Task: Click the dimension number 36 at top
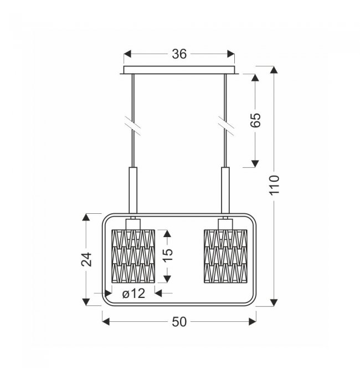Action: coord(179,54)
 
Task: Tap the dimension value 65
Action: coord(255,120)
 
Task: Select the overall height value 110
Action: coord(274,186)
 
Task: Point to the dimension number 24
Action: coord(86,259)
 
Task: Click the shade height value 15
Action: coord(168,255)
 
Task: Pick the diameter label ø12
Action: coord(133,294)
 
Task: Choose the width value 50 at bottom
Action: coord(179,322)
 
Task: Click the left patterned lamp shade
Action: coord(133,256)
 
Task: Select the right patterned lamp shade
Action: coord(225,256)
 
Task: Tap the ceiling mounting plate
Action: coord(179,70)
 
